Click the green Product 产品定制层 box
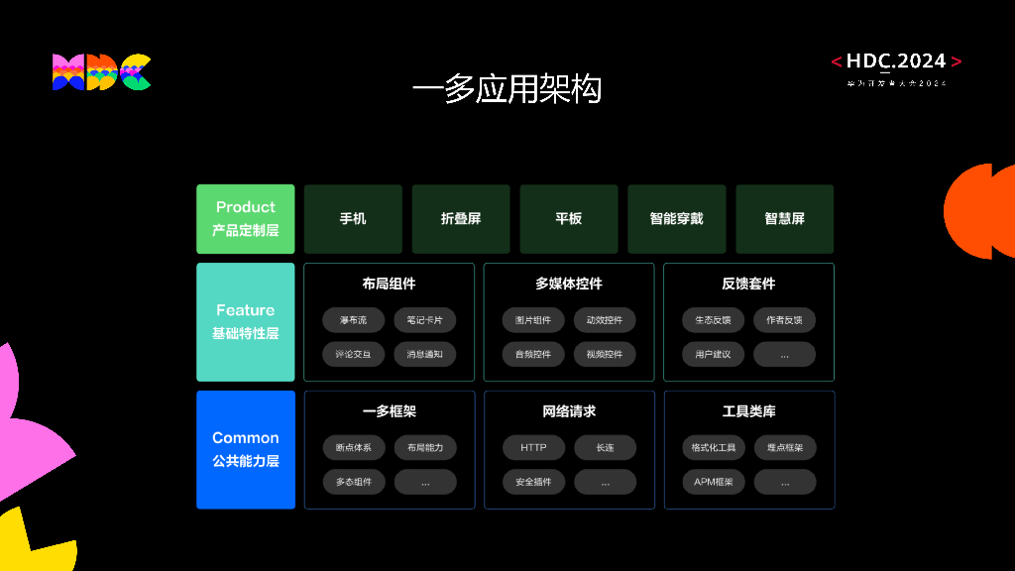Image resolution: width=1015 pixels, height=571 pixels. pos(245,218)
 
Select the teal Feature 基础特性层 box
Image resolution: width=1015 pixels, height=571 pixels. pos(245,321)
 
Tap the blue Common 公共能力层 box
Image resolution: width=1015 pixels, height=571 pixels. pos(245,449)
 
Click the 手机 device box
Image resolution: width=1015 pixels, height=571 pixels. pos(353,218)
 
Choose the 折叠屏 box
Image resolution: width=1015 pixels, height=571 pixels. pos(461,218)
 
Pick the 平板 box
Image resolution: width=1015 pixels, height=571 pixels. pos(569,218)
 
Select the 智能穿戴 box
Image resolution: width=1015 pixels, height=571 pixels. pos(676,218)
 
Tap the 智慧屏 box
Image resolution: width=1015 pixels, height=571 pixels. pos(784,218)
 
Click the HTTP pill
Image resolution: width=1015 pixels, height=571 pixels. pos(533,448)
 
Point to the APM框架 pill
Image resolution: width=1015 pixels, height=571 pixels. pos(713,482)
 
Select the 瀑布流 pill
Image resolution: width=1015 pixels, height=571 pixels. pos(353,320)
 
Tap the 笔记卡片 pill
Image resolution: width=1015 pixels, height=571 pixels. pos(425,320)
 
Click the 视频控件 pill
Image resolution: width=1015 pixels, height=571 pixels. pos(605,354)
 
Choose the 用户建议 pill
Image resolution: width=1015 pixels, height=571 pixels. pos(713,354)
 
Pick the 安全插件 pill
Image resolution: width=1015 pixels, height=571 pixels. pos(533,482)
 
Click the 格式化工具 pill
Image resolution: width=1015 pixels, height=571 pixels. pos(713,448)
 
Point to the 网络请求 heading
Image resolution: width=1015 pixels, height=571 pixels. pos(569,411)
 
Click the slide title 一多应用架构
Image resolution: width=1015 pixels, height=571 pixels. pos(507,89)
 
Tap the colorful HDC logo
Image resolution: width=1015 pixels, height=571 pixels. pos(101,72)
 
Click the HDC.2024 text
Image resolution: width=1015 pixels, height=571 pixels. pos(896,61)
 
